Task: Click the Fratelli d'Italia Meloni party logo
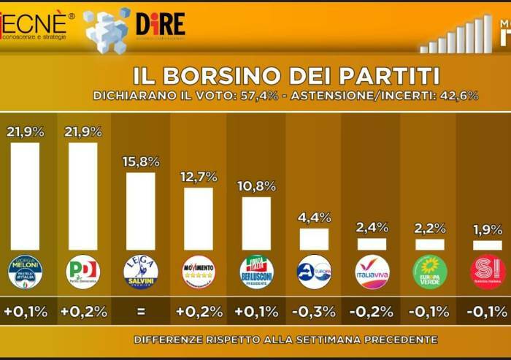pyautogui.click(x=25, y=272)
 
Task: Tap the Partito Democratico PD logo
pyautogui.click(x=82, y=272)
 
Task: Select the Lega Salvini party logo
pyautogui.click(x=140, y=272)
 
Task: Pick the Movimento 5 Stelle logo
pyautogui.click(x=198, y=272)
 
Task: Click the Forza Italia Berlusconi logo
pyautogui.click(x=256, y=272)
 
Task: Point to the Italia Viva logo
pyautogui.click(x=372, y=272)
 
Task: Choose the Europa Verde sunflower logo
pyautogui.click(x=429, y=272)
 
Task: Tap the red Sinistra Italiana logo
pyautogui.click(x=488, y=272)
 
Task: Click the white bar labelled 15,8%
pyautogui.click(x=140, y=211)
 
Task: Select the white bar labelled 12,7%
pyautogui.click(x=198, y=219)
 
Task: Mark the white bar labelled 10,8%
pyautogui.click(x=256, y=223)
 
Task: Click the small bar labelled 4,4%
pyautogui.click(x=314, y=239)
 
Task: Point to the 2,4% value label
pyautogui.click(x=372, y=227)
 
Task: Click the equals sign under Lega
pyautogui.click(x=140, y=312)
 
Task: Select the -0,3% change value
pyautogui.click(x=314, y=312)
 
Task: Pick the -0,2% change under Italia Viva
pyautogui.click(x=372, y=312)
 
